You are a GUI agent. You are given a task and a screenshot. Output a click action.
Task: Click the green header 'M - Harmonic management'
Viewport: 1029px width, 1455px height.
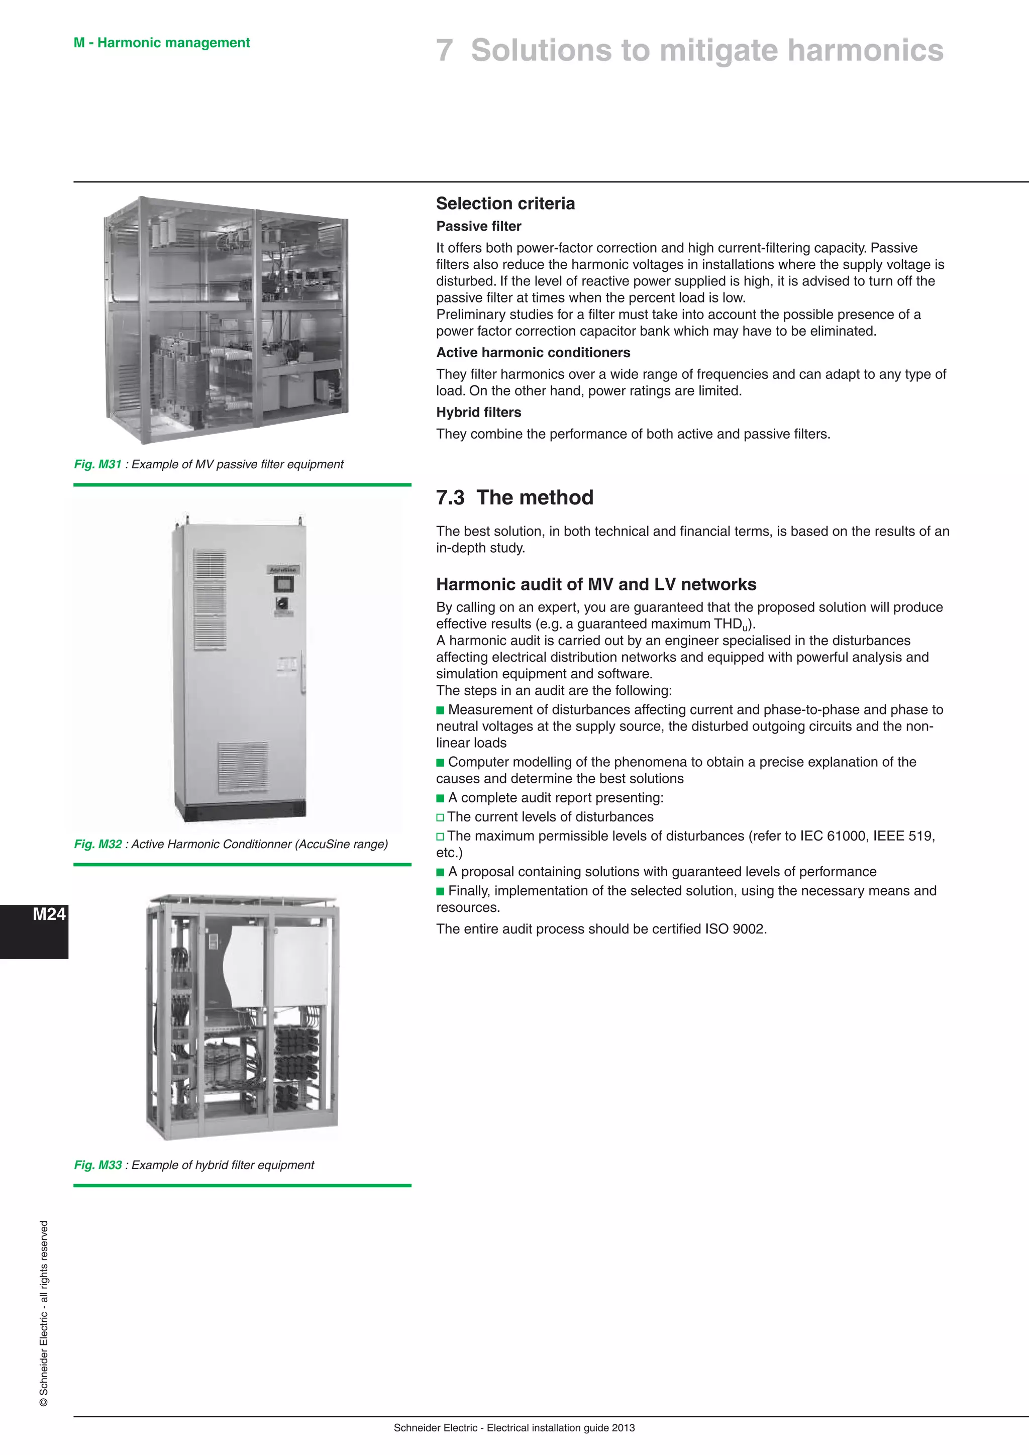(162, 43)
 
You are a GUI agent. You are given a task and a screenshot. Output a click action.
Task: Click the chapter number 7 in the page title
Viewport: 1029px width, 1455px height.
(444, 51)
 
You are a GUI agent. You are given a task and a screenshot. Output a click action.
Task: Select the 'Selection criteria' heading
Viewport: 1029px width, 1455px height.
(505, 203)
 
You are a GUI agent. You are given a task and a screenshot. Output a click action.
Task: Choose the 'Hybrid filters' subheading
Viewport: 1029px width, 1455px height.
(478, 412)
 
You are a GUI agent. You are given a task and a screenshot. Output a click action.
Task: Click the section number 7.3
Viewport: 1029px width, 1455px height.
(450, 497)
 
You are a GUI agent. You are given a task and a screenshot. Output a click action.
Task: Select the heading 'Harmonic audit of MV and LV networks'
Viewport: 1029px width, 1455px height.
(595, 584)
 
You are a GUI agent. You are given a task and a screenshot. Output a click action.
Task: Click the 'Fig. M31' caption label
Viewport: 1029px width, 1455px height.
(97, 465)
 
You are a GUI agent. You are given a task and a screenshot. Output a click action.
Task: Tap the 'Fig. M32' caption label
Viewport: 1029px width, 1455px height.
(97, 844)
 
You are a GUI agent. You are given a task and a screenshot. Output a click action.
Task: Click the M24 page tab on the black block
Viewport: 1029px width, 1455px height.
(49, 914)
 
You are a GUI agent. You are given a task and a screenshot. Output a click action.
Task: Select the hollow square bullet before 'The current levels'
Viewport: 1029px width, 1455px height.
(440, 817)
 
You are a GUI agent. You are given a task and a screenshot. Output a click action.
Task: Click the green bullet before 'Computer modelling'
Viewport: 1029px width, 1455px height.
(440, 762)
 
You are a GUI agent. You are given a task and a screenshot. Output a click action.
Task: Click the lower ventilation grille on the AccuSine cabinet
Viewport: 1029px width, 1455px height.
(243, 766)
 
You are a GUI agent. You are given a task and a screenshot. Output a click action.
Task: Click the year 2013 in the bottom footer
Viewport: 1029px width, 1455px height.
(623, 1428)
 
